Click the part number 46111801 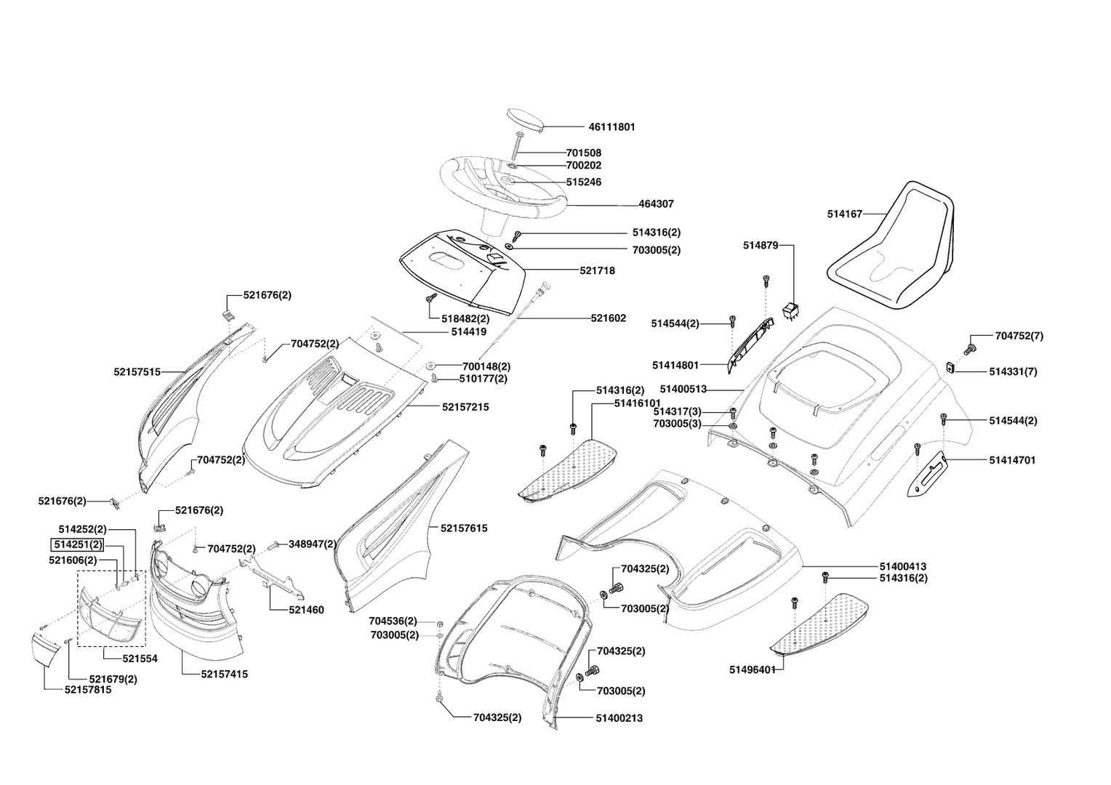tap(611, 126)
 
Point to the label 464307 tap(656, 204)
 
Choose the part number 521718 tap(597, 270)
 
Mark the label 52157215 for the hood tap(465, 407)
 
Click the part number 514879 tap(761, 246)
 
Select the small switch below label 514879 tap(791, 313)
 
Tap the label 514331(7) tap(1013, 371)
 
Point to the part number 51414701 tap(1012, 460)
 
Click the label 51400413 tap(903, 566)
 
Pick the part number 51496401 tap(753, 669)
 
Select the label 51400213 tap(619, 718)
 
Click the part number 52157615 tap(463, 528)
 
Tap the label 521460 tap(306, 610)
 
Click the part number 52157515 tap(137, 371)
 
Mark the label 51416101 tap(637, 403)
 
